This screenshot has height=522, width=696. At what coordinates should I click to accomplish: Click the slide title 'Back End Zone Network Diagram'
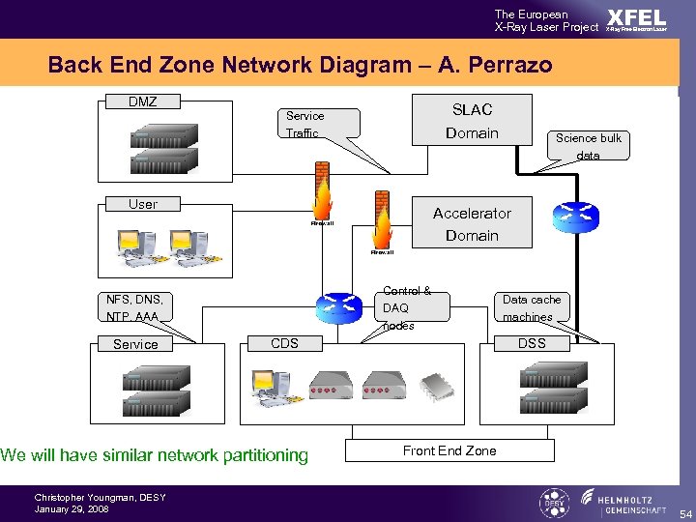[300, 66]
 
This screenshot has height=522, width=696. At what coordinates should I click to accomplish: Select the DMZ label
[143, 101]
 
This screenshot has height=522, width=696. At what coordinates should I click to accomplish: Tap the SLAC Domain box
[472, 121]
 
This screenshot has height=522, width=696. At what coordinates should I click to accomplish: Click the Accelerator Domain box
[472, 224]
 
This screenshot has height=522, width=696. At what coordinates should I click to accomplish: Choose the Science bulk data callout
[588, 146]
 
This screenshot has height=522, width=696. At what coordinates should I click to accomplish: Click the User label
[143, 204]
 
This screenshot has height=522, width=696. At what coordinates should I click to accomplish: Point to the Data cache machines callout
[531, 307]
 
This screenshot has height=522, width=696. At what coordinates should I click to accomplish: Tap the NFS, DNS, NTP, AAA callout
[135, 307]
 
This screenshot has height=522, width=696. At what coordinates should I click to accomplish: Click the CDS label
[284, 343]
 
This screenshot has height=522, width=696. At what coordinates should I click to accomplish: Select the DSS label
[532, 343]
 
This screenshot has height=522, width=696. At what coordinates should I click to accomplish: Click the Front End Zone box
[449, 450]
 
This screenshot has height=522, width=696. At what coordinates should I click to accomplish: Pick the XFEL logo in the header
[635, 19]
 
